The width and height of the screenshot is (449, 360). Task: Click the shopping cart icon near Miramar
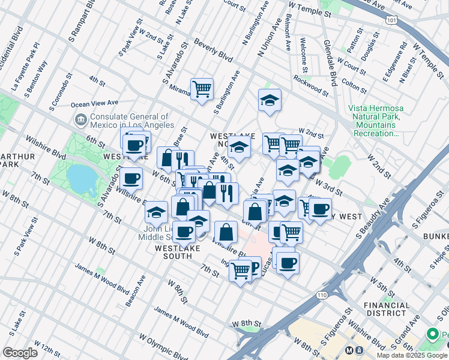202,89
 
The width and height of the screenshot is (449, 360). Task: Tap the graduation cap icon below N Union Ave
270,100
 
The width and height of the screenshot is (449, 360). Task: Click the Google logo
20,353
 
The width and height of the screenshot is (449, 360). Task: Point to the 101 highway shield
391,20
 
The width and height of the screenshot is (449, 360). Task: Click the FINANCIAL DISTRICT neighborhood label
387,309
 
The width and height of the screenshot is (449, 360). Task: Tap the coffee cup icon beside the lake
131,178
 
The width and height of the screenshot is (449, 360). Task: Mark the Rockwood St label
310,86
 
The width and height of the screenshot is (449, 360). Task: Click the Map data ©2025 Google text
411,355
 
